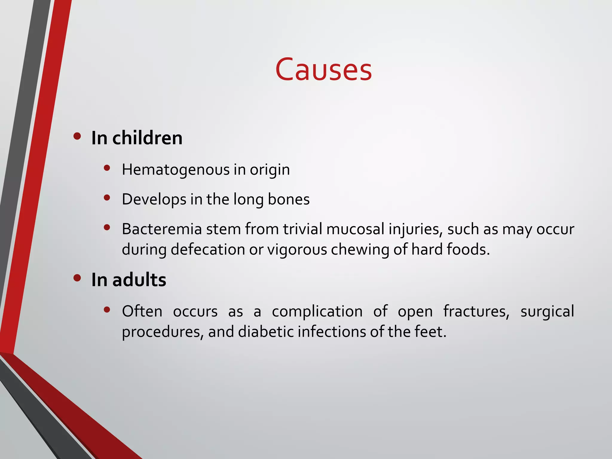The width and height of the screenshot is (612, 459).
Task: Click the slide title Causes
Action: (323, 70)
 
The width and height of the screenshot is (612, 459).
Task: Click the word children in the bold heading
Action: (147, 138)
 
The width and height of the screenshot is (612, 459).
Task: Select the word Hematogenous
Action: (176, 170)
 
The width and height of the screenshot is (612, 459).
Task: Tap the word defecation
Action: (208, 249)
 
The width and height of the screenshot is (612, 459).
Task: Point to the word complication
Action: (317, 311)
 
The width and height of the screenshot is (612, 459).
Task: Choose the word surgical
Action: (547, 311)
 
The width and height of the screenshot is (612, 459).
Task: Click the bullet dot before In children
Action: (77, 137)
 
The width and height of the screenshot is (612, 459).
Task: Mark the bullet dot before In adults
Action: (77, 278)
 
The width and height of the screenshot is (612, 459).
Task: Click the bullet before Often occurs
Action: (107, 310)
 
